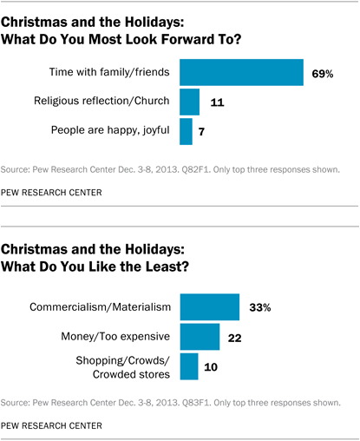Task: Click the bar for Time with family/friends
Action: (240, 73)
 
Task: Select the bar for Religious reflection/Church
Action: (189, 102)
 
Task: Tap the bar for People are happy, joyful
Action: (186, 132)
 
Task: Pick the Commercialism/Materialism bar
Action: (209, 306)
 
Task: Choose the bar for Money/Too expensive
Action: (200, 336)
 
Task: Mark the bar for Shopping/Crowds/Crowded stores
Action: (188, 366)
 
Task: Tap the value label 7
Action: (201, 132)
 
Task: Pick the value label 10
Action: (211, 366)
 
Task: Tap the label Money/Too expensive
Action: (119, 336)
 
